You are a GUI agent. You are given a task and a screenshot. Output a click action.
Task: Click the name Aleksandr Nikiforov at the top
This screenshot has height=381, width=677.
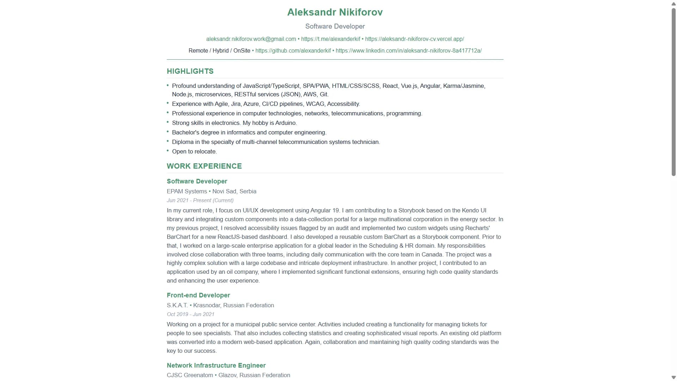335,12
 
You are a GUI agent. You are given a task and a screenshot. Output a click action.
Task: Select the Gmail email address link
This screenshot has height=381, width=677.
251,39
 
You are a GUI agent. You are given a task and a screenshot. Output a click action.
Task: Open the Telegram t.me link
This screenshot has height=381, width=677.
330,39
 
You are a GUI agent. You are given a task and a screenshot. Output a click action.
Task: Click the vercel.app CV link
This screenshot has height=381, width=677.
414,39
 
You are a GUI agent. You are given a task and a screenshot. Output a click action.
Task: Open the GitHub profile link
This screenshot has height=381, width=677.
293,51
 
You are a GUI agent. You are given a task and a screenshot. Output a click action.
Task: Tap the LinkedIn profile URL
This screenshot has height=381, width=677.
408,51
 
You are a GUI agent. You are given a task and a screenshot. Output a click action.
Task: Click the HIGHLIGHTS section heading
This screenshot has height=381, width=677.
190,71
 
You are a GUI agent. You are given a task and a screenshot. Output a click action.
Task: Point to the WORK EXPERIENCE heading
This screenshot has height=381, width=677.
204,166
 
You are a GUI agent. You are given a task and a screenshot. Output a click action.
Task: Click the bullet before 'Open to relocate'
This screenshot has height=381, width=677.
168,151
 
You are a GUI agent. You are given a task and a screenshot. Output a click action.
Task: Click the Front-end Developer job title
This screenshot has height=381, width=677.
198,295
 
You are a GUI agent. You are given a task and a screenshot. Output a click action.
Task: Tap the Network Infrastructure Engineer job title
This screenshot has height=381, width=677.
216,365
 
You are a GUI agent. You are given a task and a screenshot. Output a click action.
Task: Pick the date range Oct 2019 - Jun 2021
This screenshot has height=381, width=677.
190,314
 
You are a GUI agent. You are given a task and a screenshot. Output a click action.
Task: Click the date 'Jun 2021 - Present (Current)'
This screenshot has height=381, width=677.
200,200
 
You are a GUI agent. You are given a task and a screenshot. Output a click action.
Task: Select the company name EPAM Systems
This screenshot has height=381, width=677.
187,192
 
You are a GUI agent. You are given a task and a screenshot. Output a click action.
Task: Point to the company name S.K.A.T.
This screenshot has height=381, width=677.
177,306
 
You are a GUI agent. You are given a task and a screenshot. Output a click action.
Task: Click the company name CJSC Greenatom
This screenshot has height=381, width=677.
190,375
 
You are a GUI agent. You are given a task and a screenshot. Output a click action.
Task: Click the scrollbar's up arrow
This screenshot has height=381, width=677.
673,4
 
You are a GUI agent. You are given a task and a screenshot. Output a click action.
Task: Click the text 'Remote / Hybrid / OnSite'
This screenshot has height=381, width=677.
219,51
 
